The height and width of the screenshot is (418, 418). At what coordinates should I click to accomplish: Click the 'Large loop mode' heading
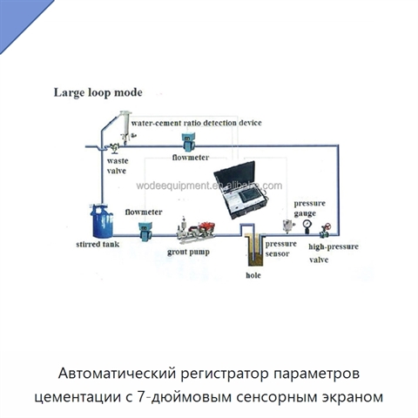click(98, 93)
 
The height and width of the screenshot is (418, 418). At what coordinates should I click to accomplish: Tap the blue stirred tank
click(102, 221)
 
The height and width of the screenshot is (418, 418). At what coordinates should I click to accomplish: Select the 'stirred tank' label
click(98, 245)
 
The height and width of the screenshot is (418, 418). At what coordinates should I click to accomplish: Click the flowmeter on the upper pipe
click(188, 141)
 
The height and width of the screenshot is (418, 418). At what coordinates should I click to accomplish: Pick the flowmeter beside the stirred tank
click(145, 232)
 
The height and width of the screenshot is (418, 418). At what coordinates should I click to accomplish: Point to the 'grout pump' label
click(188, 253)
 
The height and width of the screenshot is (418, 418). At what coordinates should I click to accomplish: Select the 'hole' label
click(253, 275)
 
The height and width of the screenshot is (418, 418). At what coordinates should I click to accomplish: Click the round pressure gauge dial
click(307, 224)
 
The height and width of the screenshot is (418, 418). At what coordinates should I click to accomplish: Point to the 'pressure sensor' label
click(280, 249)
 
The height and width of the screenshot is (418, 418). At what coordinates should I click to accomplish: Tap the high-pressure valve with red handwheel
click(325, 230)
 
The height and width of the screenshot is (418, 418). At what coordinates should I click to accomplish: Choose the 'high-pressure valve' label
click(334, 253)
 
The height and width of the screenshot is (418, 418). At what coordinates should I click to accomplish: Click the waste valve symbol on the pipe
click(114, 148)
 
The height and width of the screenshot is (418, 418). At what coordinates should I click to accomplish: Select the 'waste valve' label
click(117, 165)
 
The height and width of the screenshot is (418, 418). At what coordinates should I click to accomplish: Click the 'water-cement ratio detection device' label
click(196, 123)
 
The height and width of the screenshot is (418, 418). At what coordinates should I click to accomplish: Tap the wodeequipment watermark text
click(209, 185)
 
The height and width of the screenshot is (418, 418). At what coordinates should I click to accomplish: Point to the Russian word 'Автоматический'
click(118, 374)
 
